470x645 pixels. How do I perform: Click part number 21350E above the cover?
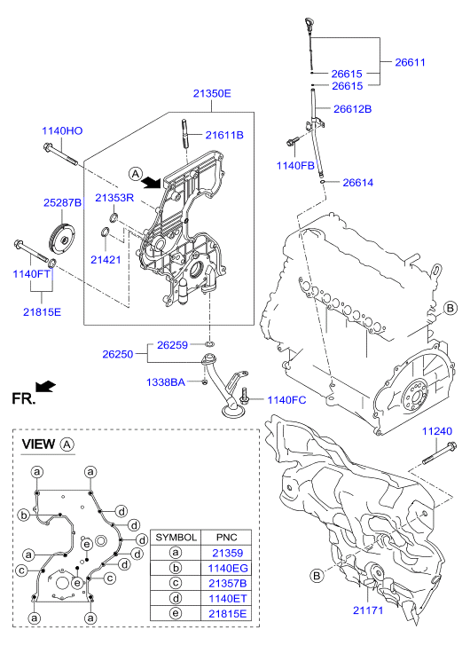coord(212,93)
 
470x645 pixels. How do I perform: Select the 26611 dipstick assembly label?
coord(410,62)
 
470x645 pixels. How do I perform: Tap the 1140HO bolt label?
coord(62,130)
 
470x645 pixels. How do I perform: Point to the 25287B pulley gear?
coord(61,240)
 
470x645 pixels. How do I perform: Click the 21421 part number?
coord(106,260)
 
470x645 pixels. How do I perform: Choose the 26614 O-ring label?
coord(358,182)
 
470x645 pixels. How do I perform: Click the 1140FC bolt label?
coord(287,400)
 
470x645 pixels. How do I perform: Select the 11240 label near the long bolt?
coord(437,431)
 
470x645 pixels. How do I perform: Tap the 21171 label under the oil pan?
coord(368,610)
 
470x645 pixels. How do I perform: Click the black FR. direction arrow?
coord(45,386)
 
